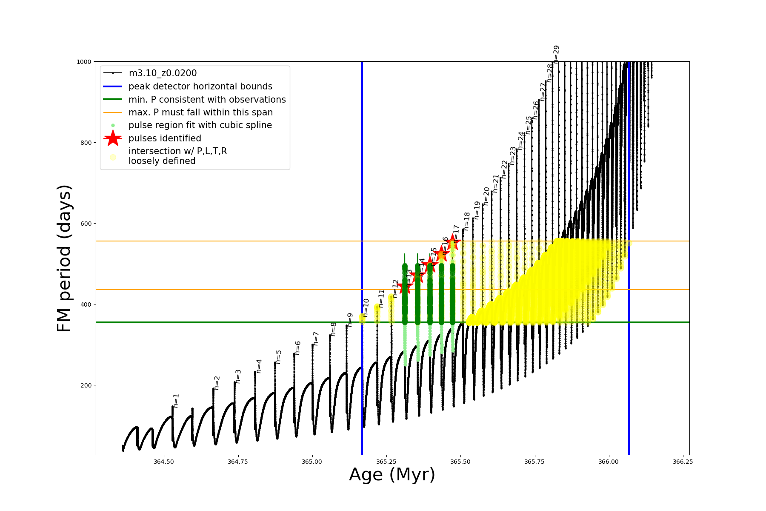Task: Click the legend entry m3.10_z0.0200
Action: [x=163, y=73]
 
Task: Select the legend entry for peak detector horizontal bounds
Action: [x=200, y=86]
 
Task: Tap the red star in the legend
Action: [x=113, y=138]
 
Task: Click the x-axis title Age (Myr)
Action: [x=392, y=474]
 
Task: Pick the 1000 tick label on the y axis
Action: [x=84, y=62]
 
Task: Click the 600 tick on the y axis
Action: [x=86, y=224]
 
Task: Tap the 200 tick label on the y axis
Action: [x=86, y=385]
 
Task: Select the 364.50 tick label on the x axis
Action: [x=164, y=462]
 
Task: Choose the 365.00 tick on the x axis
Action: [x=312, y=462]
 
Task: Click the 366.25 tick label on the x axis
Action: [x=683, y=462]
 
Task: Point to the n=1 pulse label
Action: [x=176, y=401]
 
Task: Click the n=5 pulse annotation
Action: [x=279, y=356]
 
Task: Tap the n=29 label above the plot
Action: [x=556, y=54]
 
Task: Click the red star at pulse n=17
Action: [x=453, y=242]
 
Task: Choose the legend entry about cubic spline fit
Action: [x=200, y=125]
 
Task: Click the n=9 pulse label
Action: [x=350, y=320]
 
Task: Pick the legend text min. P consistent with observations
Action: [x=207, y=100]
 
